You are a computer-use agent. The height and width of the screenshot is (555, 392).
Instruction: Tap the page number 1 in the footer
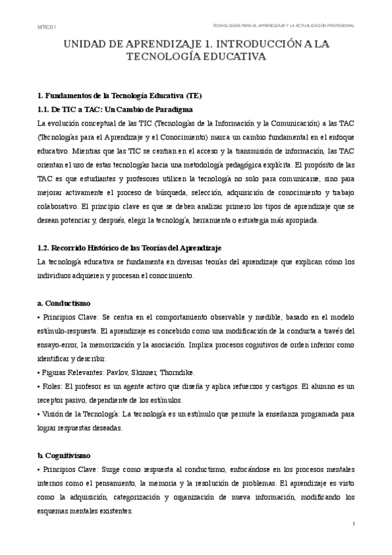(x=353, y=524)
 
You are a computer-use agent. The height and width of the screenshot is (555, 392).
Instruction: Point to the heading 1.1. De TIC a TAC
(x=115, y=109)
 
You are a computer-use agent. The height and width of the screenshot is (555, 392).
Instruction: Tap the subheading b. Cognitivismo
(x=69, y=455)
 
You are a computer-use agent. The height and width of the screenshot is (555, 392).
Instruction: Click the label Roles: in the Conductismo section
(x=53, y=387)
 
